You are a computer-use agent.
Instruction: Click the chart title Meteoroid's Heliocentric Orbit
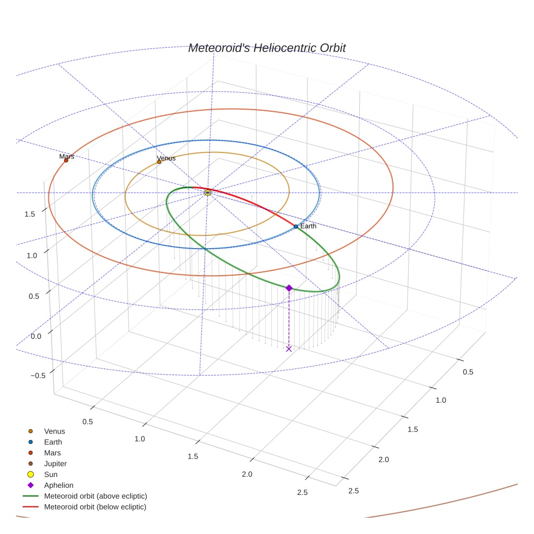tap(266, 48)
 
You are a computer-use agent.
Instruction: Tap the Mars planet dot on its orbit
tap(66, 160)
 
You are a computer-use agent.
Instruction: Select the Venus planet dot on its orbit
tap(159, 162)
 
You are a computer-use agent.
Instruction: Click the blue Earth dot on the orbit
tap(296, 226)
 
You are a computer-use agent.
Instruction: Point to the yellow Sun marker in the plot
tap(208, 193)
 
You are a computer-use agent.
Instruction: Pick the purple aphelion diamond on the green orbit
tap(289, 288)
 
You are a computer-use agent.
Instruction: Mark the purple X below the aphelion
tap(289, 348)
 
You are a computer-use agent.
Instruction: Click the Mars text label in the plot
tap(67, 156)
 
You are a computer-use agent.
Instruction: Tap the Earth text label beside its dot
tap(308, 226)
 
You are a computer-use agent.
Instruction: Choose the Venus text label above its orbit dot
tap(166, 158)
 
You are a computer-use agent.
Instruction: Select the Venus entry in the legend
tap(54, 431)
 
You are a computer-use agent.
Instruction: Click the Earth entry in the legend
tap(53, 442)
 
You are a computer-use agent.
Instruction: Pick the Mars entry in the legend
tap(53, 453)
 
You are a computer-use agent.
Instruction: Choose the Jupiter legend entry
tap(55, 463)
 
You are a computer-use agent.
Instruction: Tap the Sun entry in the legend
tap(50, 474)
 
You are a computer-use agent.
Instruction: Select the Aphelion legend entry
tap(59, 485)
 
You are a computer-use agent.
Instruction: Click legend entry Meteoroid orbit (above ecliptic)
tap(96, 496)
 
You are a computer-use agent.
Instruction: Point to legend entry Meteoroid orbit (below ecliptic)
tap(96, 507)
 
